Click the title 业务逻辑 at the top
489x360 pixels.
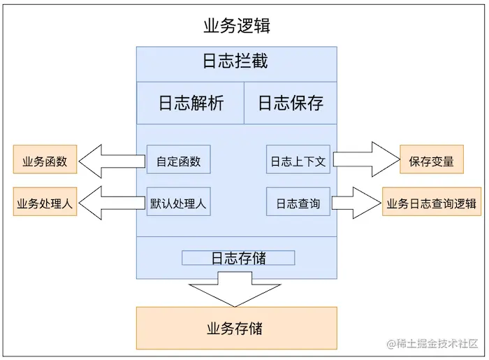(x=236, y=27)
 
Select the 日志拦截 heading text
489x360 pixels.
(x=235, y=62)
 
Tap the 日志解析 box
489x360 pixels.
(x=190, y=103)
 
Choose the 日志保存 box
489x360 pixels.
(x=290, y=103)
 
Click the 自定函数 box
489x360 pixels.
(x=178, y=161)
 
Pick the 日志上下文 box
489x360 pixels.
(x=298, y=161)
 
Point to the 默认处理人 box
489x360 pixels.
(x=178, y=203)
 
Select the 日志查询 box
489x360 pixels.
(x=298, y=203)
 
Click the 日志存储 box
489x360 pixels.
(x=238, y=258)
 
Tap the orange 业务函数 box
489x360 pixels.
(x=45, y=161)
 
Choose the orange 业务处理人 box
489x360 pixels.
(x=45, y=203)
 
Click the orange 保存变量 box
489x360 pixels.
(x=431, y=161)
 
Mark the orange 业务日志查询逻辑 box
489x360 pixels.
(x=431, y=203)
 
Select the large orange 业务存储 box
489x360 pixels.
(x=236, y=328)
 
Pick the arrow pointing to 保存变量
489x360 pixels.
(x=363, y=160)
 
